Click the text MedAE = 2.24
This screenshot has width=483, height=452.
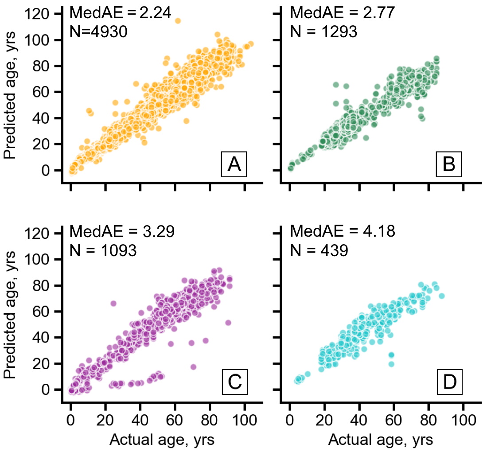[x=121, y=13]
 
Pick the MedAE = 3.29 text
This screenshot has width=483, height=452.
[x=121, y=231]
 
